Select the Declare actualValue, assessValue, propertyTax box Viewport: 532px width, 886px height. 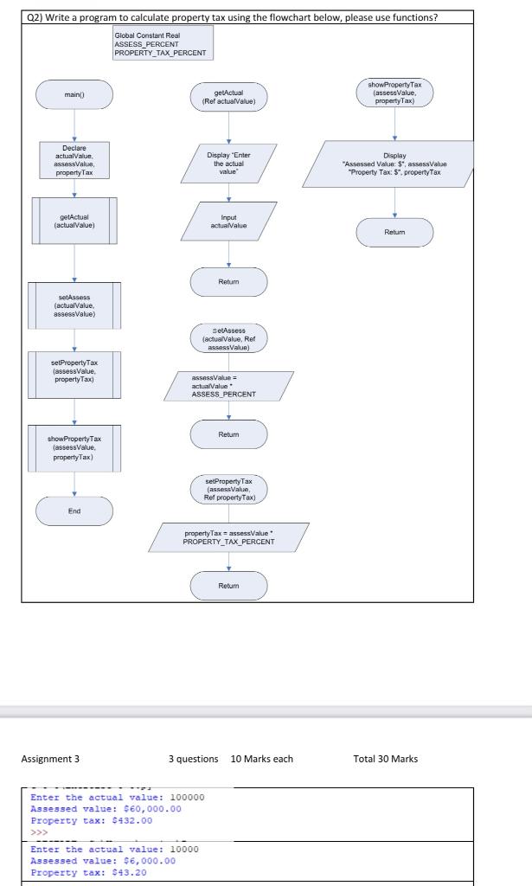point(74,160)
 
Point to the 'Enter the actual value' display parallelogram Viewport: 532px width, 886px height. point(229,163)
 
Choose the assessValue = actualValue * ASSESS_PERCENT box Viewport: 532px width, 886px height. point(228,386)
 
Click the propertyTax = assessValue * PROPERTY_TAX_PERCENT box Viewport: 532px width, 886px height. point(228,537)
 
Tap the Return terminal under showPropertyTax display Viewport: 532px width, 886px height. point(394,233)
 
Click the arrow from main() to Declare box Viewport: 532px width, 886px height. point(74,126)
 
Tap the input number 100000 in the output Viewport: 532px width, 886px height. point(183,797)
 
